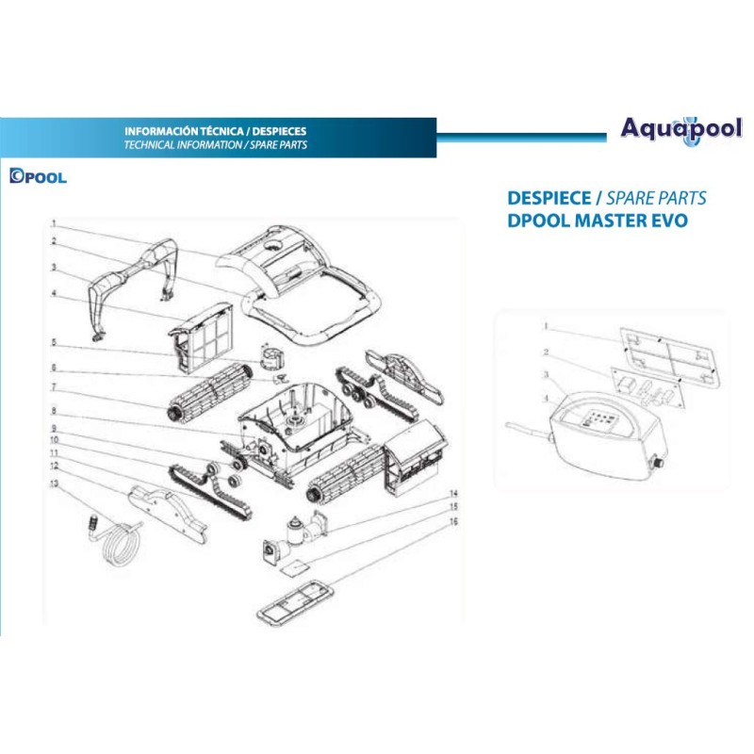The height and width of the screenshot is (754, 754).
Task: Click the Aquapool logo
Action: pos(680,130)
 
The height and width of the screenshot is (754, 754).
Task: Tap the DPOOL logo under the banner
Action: pos(38,176)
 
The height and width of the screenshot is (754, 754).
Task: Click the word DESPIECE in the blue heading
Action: pos(549,198)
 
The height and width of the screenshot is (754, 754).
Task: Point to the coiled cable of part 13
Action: pos(119,544)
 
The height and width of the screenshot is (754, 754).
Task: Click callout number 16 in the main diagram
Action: pos(453,521)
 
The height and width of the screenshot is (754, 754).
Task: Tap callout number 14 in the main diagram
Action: pos(453,493)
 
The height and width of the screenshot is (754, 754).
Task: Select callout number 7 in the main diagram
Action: pos(54,387)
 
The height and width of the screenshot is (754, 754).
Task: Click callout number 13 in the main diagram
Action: pos(54,483)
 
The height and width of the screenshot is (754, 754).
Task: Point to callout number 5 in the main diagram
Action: pos(54,342)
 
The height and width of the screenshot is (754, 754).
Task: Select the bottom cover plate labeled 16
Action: pos(296,601)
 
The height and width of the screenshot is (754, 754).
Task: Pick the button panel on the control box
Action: pos(596,418)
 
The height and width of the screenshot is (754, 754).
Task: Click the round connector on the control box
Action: pos(657,462)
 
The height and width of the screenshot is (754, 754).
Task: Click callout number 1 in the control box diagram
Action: pos(546,326)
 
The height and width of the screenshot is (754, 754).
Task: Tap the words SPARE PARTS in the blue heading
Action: pos(656,198)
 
